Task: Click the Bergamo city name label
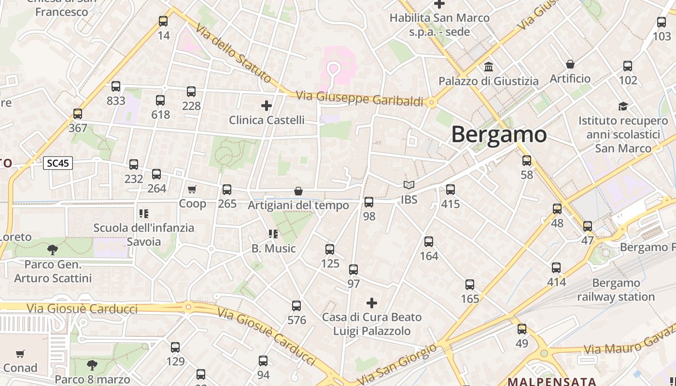point(499,134)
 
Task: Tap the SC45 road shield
point(58,163)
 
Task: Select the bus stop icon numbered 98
point(369,202)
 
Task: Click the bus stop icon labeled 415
point(451,190)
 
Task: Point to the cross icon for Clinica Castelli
point(266,106)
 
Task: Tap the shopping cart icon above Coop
point(192,189)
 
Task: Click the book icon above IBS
point(409,185)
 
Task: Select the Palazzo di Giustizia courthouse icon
point(488,67)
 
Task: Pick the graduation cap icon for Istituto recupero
point(623,106)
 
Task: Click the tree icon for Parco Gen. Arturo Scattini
point(53,249)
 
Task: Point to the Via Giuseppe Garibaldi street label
point(360,98)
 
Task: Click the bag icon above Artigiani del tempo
point(298,192)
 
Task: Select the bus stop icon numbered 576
point(296,305)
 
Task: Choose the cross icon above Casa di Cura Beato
point(371,303)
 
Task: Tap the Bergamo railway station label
point(616,289)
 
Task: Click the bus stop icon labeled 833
point(116,86)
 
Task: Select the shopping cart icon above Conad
point(20,354)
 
